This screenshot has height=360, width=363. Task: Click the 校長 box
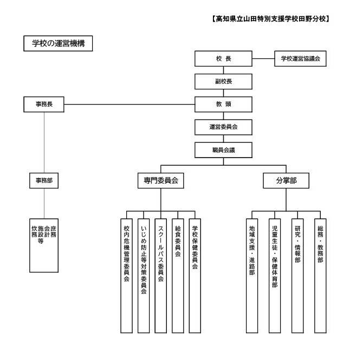click(x=223, y=58)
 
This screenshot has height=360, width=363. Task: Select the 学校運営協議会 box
click(x=300, y=58)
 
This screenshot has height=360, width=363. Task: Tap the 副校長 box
click(x=223, y=81)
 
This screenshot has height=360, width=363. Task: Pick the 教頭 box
click(x=223, y=104)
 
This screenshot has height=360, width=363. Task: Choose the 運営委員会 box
click(x=223, y=127)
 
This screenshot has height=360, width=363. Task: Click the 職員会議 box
click(x=223, y=150)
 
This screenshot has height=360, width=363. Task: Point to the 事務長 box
click(x=44, y=104)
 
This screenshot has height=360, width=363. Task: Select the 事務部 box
click(x=44, y=180)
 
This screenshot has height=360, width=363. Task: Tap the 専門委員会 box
click(x=161, y=180)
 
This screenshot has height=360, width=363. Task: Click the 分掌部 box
click(x=286, y=180)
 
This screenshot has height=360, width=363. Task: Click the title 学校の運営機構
click(x=58, y=43)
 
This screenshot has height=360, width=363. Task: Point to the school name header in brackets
click(x=270, y=19)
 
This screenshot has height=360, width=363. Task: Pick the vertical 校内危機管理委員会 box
click(x=126, y=276)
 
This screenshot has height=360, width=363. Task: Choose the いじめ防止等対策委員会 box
click(x=144, y=276)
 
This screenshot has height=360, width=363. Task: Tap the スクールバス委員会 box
click(x=161, y=276)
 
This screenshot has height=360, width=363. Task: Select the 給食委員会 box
click(x=178, y=276)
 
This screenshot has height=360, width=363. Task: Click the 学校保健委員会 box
click(x=195, y=276)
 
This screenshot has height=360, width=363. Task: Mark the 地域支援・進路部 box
click(x=252, y=276)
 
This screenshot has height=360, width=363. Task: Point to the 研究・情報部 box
click(x=297, y=276)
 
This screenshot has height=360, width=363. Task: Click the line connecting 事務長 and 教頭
click(x=129, y=104)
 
